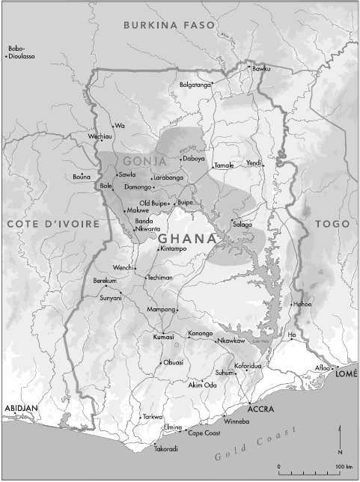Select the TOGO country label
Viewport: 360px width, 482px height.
(332, 224)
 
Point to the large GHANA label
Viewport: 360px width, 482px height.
(187, 238)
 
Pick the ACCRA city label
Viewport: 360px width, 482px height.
(261, 409)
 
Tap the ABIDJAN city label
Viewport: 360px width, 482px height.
(22, 407)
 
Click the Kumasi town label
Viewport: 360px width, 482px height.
(163, 338)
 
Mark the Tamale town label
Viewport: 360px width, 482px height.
(225, 165)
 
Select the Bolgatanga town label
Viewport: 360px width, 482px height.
(195, 85)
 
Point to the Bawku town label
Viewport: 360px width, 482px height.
(260, 69)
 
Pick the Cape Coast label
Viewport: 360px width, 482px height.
(203, 433)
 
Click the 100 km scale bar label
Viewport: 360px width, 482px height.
(344, 467)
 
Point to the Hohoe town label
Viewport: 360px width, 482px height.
(302, 304)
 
